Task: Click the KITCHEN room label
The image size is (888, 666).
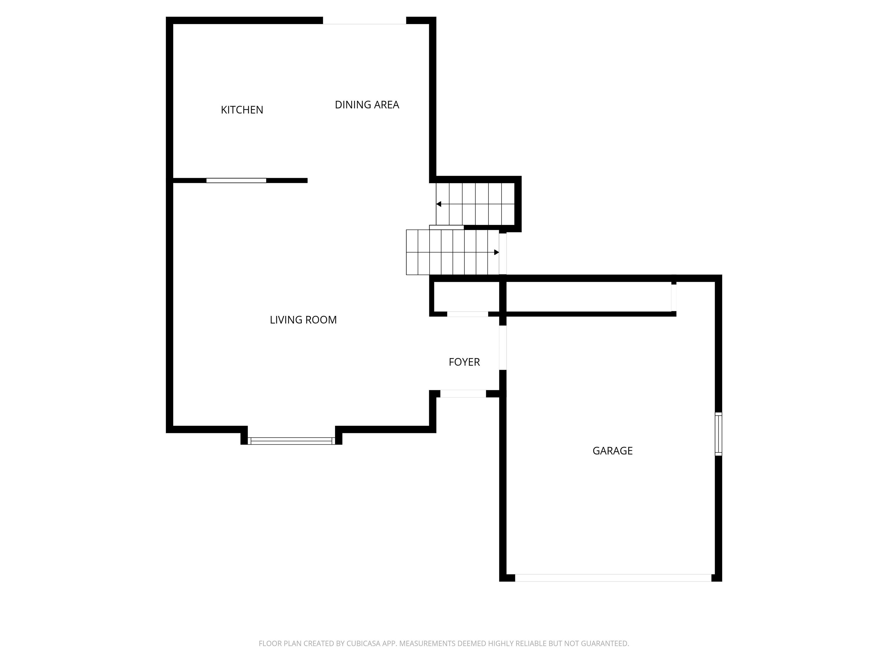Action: point(242,110)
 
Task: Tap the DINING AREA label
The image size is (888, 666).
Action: point(367,105)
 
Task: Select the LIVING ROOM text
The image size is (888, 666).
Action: point(303,320)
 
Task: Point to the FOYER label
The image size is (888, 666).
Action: point(464,362)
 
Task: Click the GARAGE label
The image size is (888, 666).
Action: point(612,451)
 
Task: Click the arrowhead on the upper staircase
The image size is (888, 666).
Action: point(439,204)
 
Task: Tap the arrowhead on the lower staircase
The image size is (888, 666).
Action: point(497,252)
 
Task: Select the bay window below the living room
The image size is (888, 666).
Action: point(291,441)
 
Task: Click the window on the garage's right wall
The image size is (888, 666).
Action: point(718,434)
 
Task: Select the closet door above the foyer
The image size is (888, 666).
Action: point(467,314)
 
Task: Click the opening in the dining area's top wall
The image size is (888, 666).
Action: point(364,21)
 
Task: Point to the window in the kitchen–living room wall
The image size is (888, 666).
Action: point(236,181)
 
